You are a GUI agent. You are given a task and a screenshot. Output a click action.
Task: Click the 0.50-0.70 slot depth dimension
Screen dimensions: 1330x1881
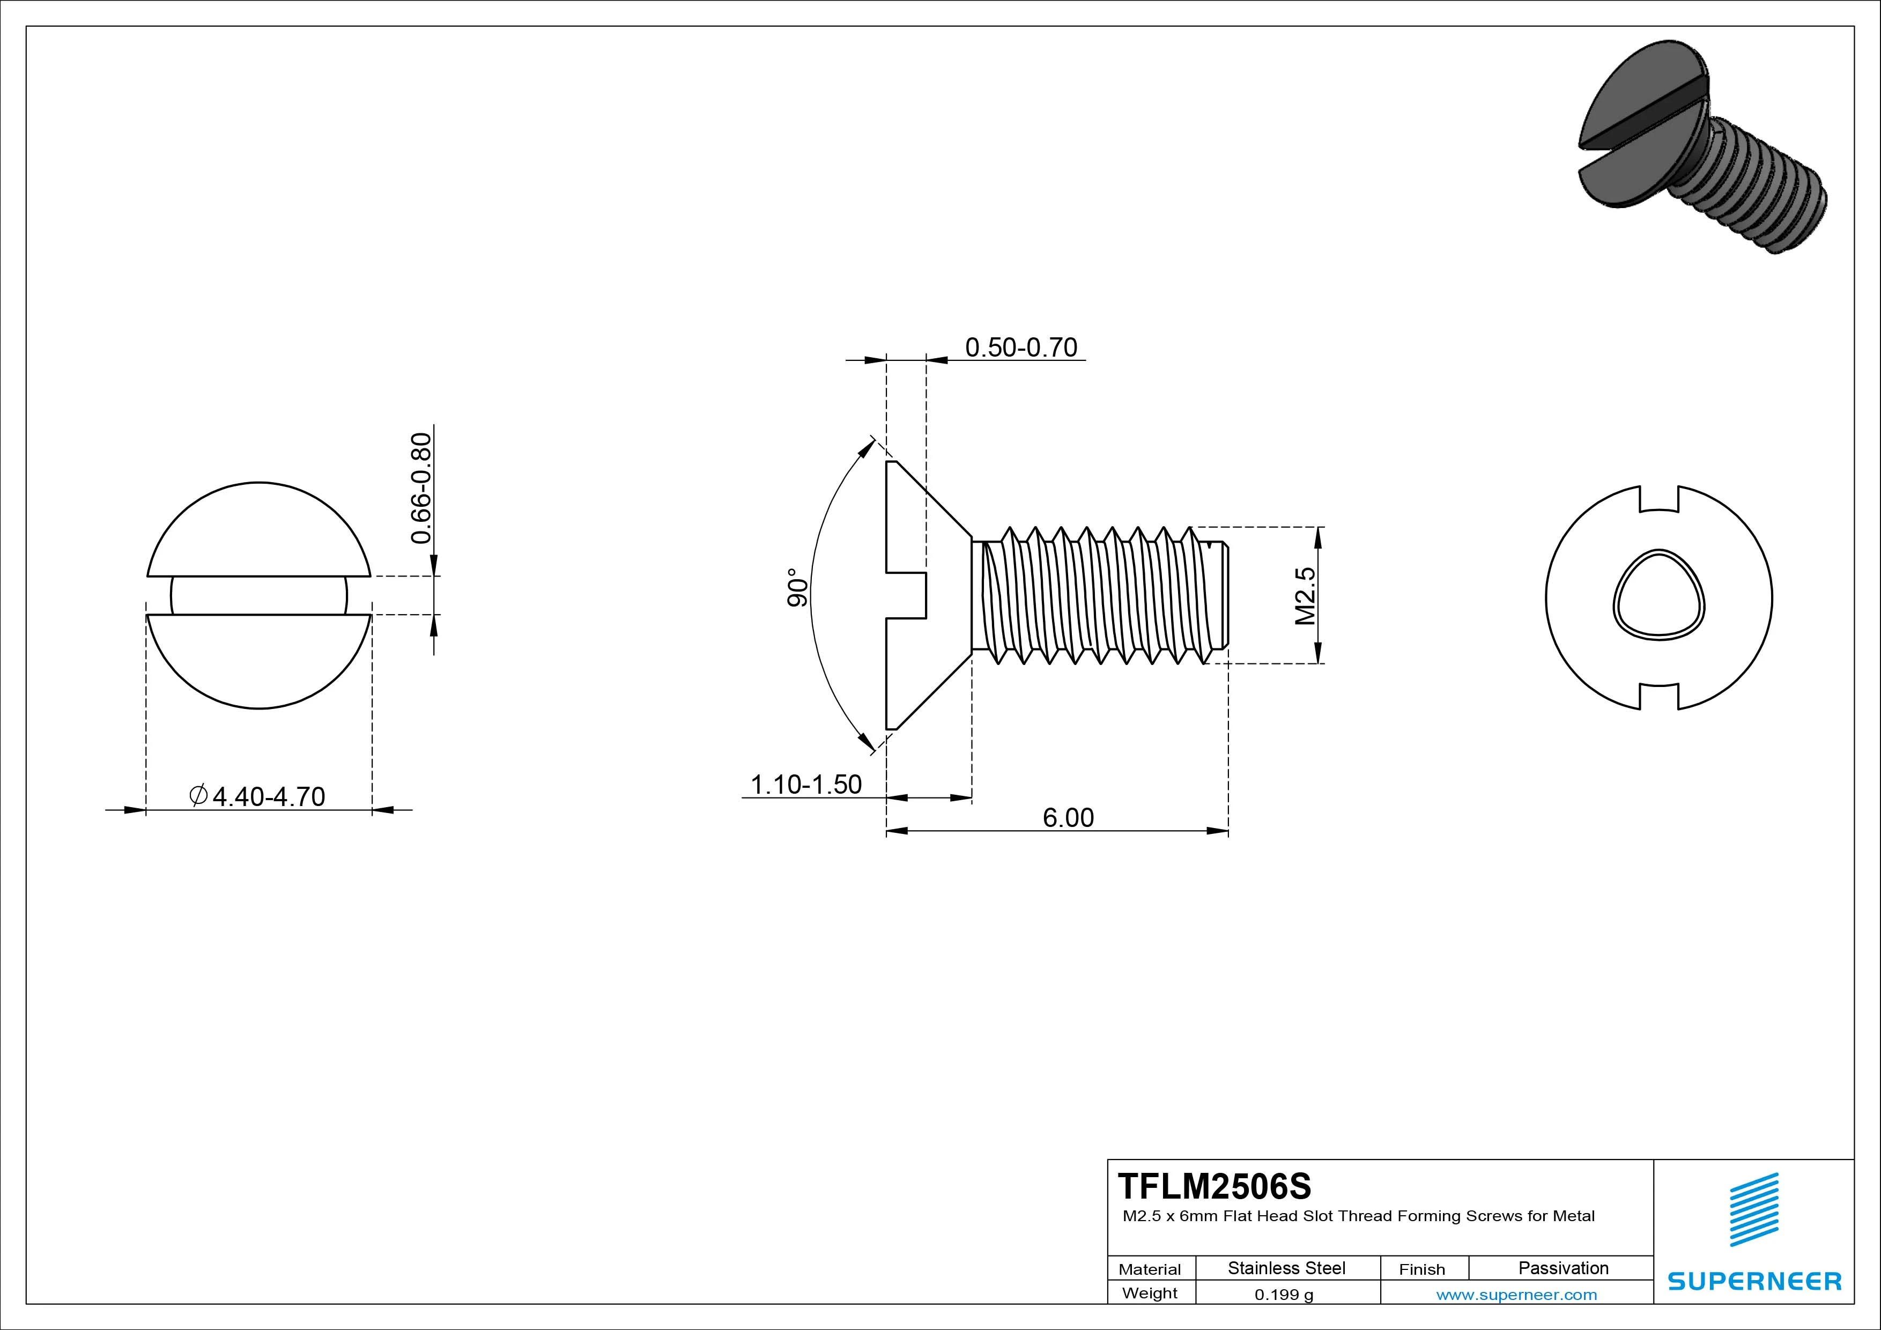point(1021,348)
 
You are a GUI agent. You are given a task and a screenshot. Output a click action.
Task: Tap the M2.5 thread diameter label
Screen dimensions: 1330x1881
point(1305,596)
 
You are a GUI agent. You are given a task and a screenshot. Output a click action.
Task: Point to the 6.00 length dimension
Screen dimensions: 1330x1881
point(1068,818)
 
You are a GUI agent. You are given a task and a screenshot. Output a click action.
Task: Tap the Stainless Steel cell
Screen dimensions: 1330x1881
point(1286,1268)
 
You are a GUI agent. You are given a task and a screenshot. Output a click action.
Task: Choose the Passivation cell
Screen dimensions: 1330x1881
point(1563,1268)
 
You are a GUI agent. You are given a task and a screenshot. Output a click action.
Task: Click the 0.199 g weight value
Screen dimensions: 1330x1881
point(1284,1295)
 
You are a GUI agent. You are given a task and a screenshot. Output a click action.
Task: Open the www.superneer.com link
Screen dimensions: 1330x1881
point(1516,1295)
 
